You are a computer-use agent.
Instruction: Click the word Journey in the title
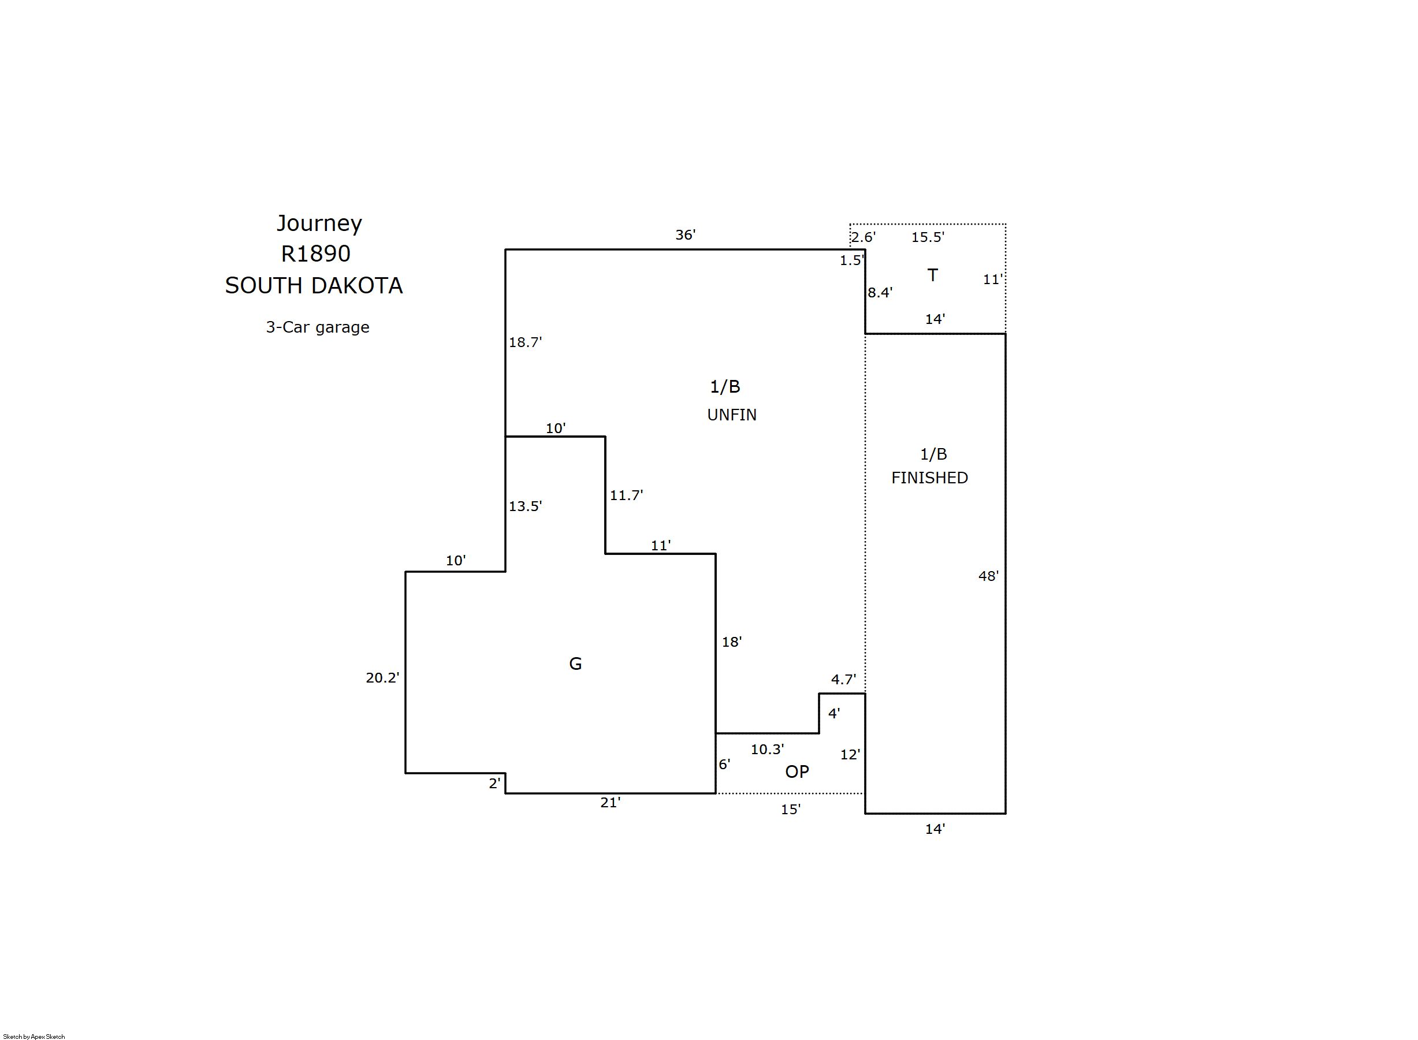point(319,224)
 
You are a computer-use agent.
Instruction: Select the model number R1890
point(315,254)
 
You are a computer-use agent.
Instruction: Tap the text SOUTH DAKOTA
point(314,286)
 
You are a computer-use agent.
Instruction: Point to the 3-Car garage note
point(317,327)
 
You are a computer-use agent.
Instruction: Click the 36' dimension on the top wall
point(685,235)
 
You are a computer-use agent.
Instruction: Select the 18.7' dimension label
point(525,342)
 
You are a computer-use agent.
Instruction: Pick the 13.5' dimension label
point(525,506)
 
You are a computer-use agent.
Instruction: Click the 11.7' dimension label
point(626,495)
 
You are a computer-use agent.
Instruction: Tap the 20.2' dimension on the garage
point(382,678)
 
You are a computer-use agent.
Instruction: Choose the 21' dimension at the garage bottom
point(610,803)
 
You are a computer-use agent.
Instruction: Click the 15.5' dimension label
point(928,237)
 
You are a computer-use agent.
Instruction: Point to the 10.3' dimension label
point(767,750)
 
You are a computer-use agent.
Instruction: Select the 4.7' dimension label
point(843,680)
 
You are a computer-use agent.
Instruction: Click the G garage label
point(575,663)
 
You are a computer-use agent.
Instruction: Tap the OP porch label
point(797,772)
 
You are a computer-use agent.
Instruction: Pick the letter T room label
point(933,275)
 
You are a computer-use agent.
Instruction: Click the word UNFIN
point(732,415)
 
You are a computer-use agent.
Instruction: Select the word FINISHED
point(929,478)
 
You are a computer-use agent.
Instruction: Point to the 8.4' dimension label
point(880,293)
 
